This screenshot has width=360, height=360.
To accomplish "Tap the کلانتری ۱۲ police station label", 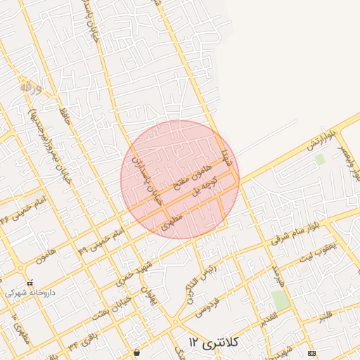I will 214,342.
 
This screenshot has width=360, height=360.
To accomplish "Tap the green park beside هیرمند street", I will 281,301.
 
